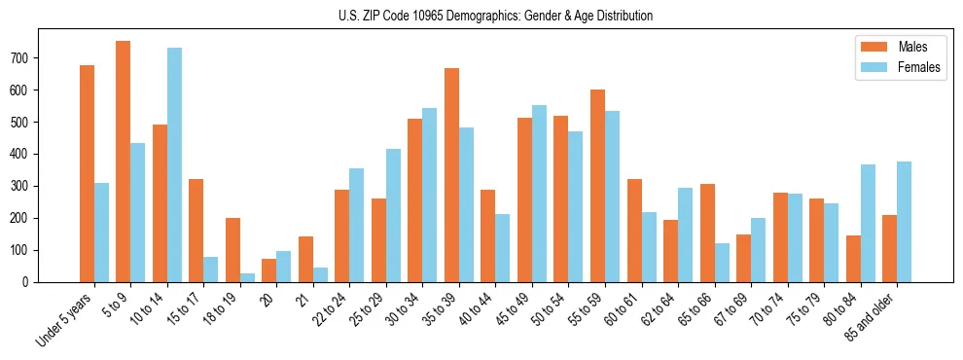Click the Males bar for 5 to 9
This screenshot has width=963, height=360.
[x=124, y=162]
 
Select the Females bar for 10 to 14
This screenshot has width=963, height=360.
[x=174, y=164]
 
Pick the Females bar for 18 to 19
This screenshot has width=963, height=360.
[x=247, y=277]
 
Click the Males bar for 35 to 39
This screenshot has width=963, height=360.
[x=451, y=175]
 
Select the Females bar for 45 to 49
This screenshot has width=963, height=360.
[x=539, y=194]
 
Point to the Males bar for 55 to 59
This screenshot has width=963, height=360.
[x=597, y=186]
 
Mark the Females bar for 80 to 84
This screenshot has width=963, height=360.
[x=868, y=223]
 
